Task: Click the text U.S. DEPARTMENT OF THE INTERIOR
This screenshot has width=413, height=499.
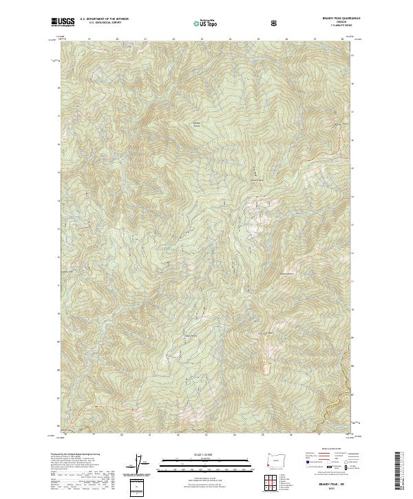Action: (x=104, y=20)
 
